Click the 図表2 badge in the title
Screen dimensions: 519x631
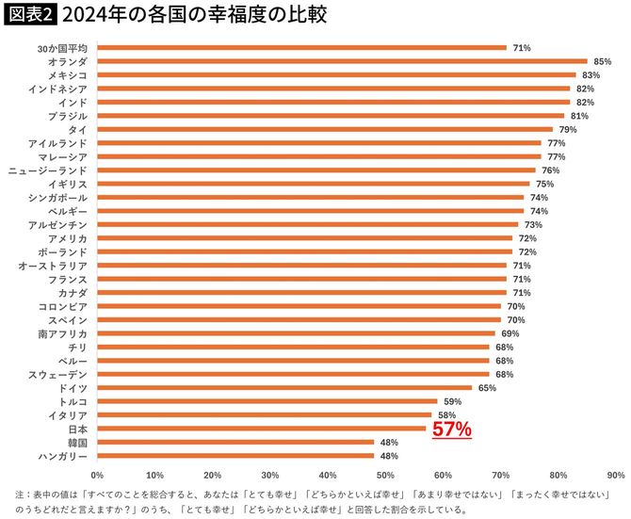click(30, 16)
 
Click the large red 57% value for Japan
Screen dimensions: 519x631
click(451, 430)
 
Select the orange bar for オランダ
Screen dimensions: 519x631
click(341, 60)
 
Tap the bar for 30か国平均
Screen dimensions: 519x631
click(301, 47)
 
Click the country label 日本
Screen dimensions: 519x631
click(78, 429)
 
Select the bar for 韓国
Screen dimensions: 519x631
click(235, 442)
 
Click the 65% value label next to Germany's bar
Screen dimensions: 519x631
click(487, 388)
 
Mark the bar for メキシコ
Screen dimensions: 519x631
click(336, 74)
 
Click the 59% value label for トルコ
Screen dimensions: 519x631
click(452, 401)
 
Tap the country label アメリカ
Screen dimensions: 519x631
click(68, 238)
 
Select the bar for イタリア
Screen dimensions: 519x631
click(264, 414)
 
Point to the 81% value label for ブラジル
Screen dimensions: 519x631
click(579, 116)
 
